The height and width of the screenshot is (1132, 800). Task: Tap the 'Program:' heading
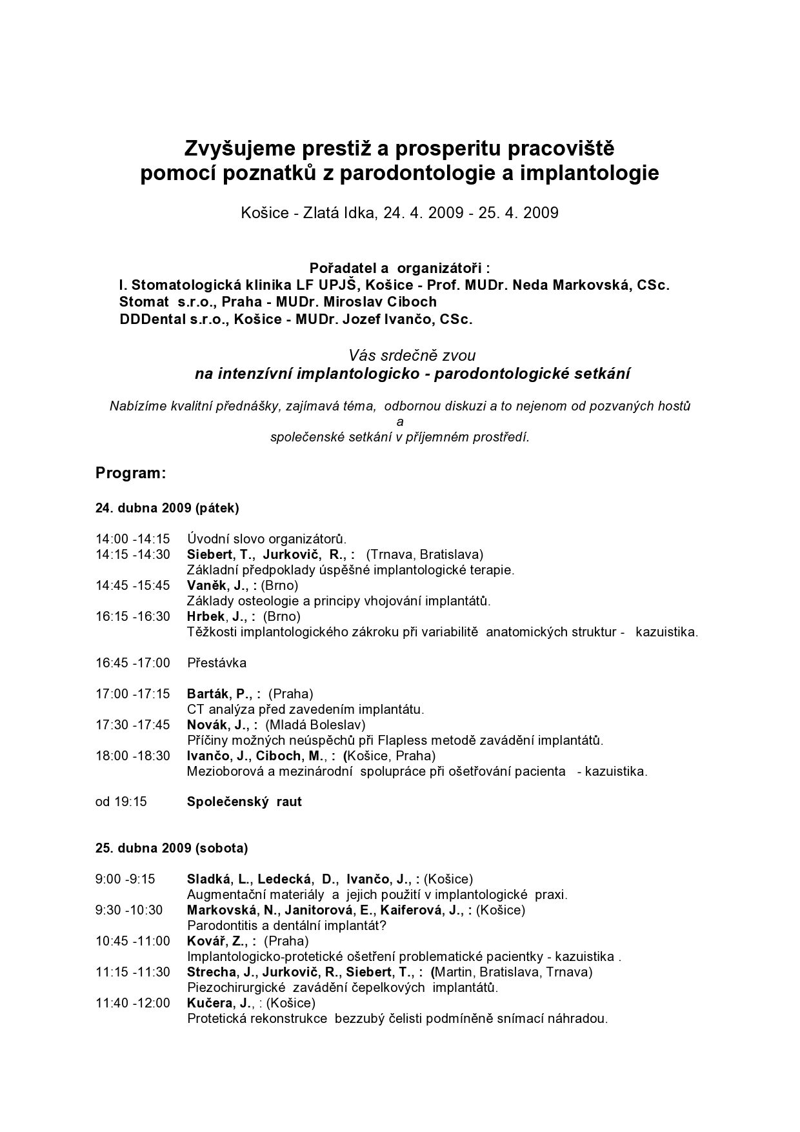click(x=131, y=473)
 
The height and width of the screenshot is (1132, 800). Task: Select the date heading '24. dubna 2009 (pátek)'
click(x=167, y=508)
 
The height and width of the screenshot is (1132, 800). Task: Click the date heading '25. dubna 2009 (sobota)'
click(x=172, y=848)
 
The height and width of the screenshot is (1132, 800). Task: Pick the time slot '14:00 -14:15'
click(x=133, y=539)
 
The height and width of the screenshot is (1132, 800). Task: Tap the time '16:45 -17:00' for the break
click(x=133, y=663)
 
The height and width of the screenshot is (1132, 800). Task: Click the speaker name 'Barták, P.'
click(x=219, y=694)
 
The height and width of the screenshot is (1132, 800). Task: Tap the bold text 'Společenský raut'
click(x=245, y=802)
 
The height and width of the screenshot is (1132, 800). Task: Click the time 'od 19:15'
click(x=121, y=802)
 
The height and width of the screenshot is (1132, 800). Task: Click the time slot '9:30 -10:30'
click(x=129, y=910)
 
